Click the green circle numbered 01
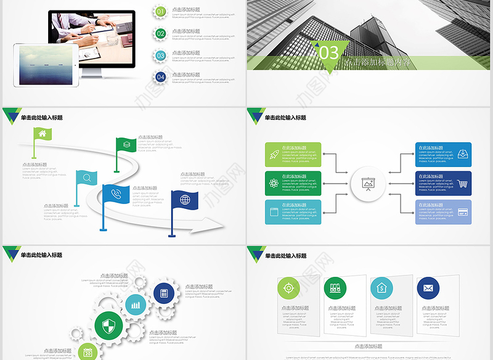point(161,11)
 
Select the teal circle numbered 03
point(161,55)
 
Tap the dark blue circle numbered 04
point(161,77)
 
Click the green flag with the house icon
point(43,133)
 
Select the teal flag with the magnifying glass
point(87,179)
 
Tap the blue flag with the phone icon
point(115,194)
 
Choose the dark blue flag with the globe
point(185,200)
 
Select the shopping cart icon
point(463,183)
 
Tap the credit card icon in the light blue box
point(463,212)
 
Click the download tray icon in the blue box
point(463,154)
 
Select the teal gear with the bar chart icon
point(136,305)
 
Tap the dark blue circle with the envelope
point(428,288)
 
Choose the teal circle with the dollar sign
point(381,288)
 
